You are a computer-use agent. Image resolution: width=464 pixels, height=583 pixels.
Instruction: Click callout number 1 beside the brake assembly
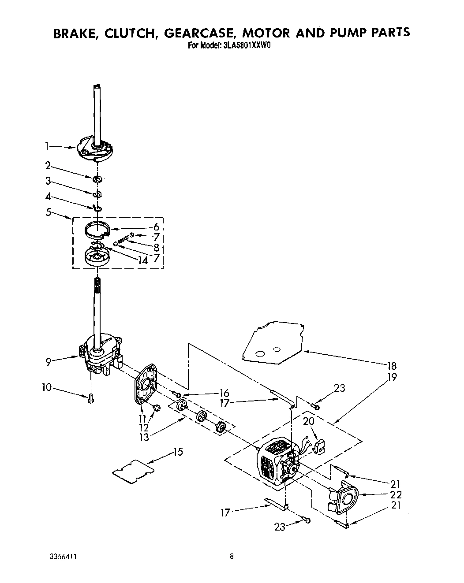coord(47,146)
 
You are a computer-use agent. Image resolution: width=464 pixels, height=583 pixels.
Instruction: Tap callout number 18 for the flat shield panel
coord(391,366)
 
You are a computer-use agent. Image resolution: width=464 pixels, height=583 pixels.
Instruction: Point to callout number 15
coord(178,452)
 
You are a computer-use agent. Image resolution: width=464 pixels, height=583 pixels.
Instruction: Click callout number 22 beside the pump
coord(395,495)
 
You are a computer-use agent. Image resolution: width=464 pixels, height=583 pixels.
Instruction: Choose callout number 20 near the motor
coord(309,421)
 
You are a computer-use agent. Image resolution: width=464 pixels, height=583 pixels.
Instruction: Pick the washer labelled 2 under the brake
coord(97,179)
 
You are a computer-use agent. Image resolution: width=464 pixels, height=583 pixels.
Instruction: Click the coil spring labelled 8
coord(123,241)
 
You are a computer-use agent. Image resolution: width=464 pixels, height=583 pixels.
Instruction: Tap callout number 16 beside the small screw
coord(224,393)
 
